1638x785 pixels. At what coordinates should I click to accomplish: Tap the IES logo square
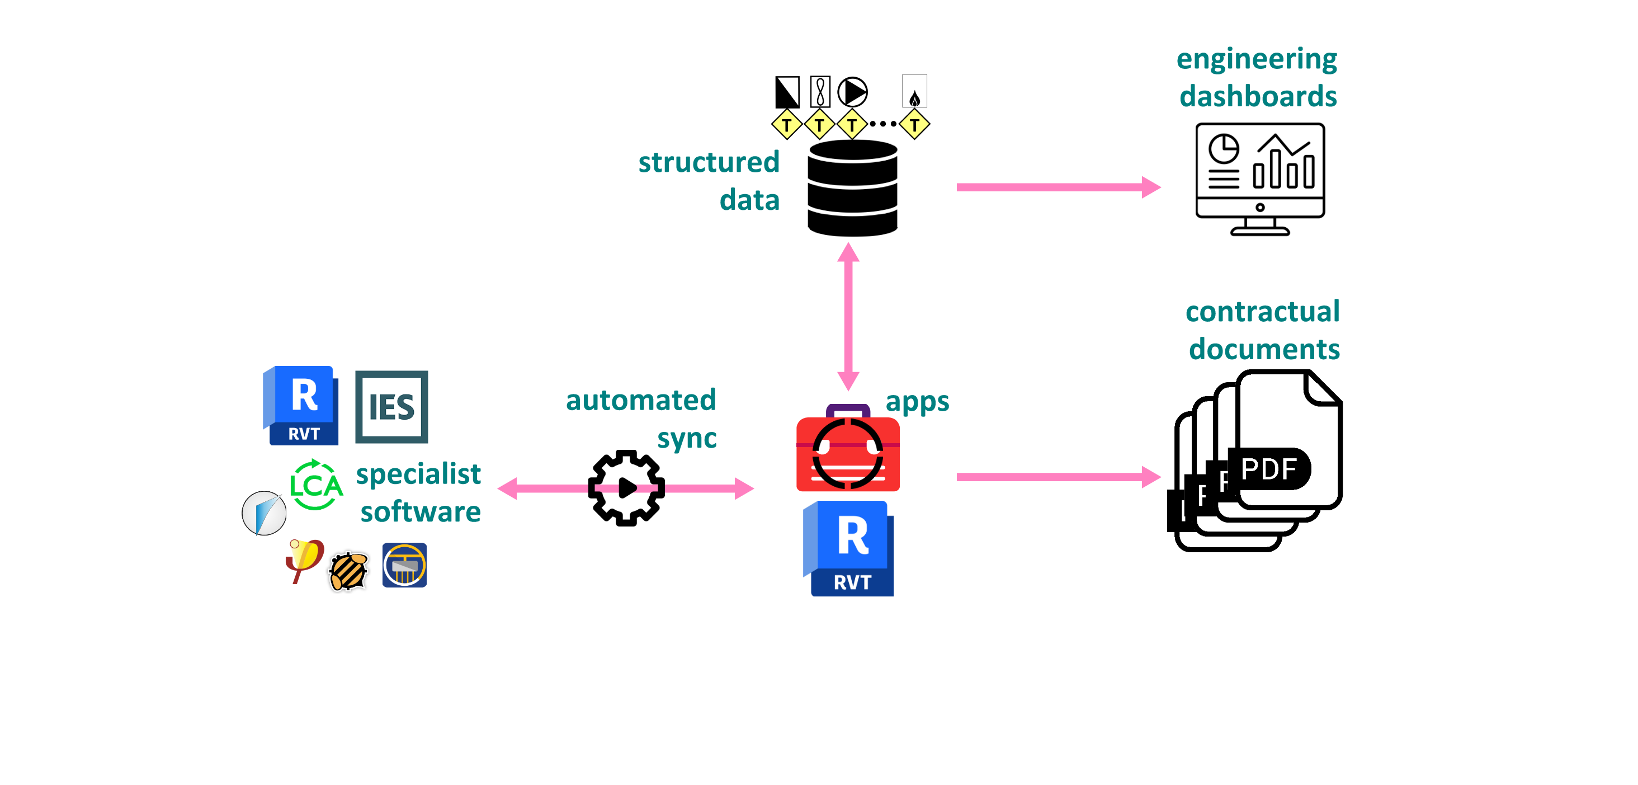click(x=391, y=407)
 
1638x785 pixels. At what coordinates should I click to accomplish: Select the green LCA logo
click(x=316, y=485)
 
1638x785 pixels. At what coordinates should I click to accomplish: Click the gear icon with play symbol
click(x=626, y=488)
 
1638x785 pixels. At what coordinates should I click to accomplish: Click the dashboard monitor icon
click(x=1259, y=178)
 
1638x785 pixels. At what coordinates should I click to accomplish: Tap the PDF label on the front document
click(x=1268, y=469)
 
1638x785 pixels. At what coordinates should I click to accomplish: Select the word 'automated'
click(x=641, y=400)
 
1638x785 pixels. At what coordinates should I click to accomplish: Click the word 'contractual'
click(x=1262, y=312)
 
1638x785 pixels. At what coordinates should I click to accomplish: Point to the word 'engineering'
click(x=1257, y=60)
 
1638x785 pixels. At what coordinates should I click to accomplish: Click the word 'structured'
click(x=709, y=162)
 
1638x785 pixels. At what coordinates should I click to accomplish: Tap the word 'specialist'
click(x=418, y=474)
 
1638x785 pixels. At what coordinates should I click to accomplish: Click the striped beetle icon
click(x=348, y=571)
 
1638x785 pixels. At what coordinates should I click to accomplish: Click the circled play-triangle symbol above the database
click(x=852, y=92)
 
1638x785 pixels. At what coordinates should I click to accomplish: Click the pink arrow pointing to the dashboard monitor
click(x=1058, y=187)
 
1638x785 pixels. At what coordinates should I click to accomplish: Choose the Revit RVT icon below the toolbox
click(x=849, y=549)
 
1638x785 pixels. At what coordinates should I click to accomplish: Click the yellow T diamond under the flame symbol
click(x=914, y=125)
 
